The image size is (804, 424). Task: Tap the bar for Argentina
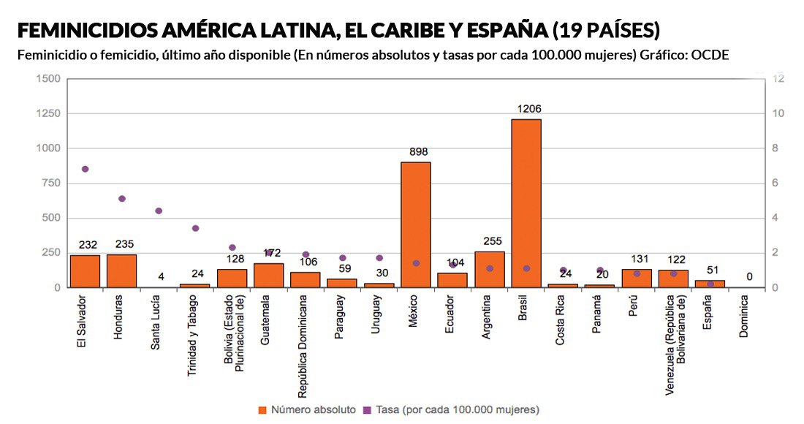(490, 269)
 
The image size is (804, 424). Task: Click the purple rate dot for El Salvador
(85, 169)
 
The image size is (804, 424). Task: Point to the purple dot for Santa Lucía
(159, 211)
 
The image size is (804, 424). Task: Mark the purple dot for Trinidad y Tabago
(195, 228)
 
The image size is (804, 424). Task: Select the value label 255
(492, 241)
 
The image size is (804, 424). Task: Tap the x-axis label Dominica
(744, 319)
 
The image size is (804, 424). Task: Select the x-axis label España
(708, 314)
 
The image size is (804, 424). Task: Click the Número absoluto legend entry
(306, 409)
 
